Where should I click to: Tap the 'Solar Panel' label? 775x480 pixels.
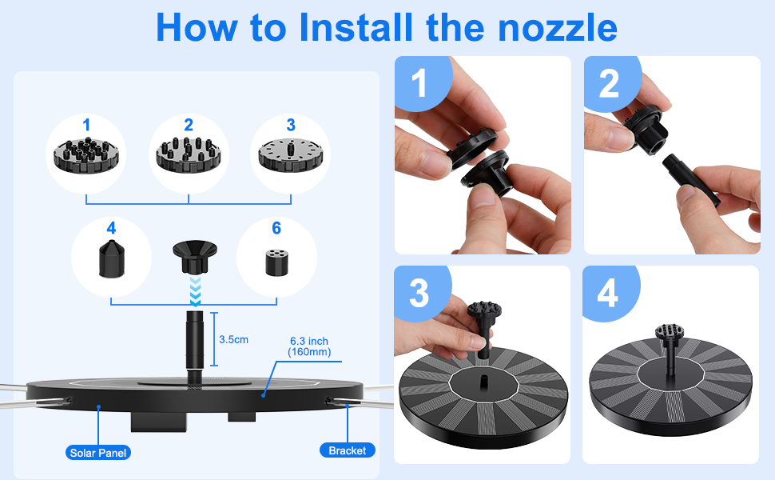98,453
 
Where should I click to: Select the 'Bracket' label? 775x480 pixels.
347,450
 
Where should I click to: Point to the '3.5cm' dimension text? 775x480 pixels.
234,340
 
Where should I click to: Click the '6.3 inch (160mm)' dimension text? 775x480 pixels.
309,346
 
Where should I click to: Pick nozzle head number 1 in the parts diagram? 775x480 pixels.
86,155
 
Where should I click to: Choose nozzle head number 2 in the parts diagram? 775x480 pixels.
188,154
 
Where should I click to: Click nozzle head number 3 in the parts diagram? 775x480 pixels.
291,154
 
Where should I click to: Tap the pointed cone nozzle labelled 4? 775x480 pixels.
112,259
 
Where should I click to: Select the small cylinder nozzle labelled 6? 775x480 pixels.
276,262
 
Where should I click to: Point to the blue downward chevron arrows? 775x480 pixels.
195,291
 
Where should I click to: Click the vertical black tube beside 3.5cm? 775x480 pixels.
194,346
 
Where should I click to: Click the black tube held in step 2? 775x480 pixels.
690,180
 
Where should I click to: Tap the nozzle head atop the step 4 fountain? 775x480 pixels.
670,332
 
